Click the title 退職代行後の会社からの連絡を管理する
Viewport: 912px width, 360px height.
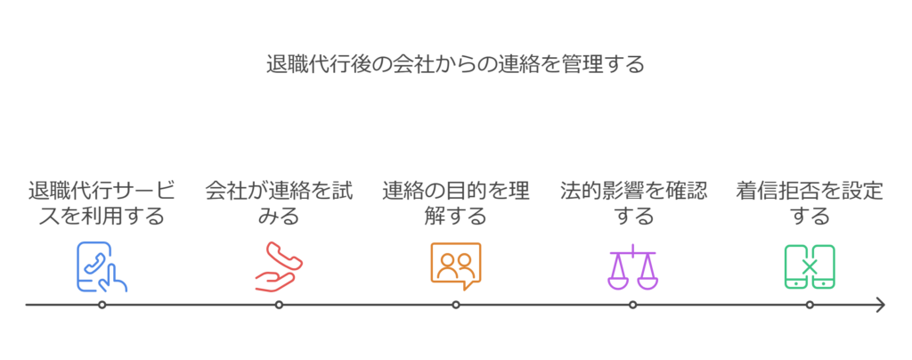[455, 65]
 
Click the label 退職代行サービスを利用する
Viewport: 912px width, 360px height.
[102, 203]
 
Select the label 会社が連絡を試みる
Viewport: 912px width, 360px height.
[279, 203]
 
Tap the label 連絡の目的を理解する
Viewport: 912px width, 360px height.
[455, 203]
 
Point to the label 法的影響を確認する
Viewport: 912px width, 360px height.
[632, 203]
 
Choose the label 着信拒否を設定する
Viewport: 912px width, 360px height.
[810, 203]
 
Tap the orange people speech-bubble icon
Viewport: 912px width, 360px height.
[455, 266]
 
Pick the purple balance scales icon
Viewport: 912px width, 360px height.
[632, 266]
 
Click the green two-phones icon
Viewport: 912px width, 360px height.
[810, 266]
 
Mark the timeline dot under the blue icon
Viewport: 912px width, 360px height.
[102, 305]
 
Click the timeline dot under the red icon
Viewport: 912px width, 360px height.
[279, 305]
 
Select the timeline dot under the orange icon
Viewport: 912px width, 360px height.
[455, 305]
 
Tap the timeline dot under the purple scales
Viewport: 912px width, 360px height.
[632, 305]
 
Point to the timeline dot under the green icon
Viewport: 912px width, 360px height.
[810, 305]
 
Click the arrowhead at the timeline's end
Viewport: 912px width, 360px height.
[881, 305]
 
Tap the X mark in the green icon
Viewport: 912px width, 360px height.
[810, 266]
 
